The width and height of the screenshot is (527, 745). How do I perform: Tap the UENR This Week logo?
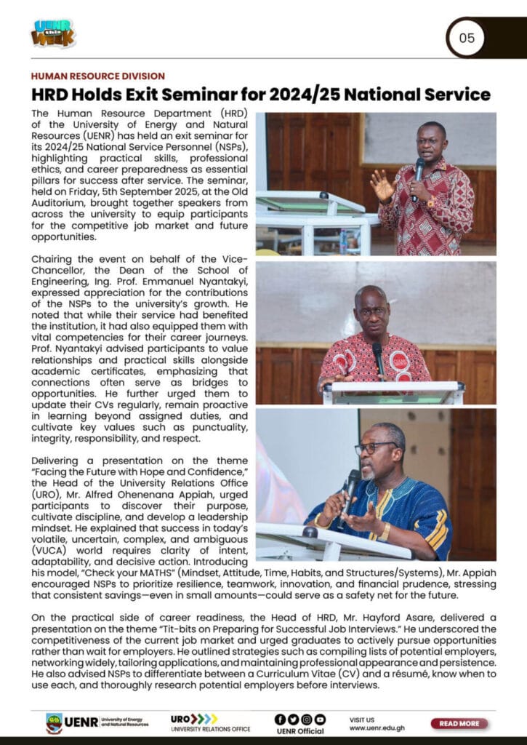52,33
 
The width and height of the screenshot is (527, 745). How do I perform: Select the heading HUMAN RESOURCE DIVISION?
97,76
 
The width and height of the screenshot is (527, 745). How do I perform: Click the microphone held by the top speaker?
419,171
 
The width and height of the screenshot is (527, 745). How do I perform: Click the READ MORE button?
459,723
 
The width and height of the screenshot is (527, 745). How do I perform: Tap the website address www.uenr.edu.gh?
377,728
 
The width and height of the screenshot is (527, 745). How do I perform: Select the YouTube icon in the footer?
320,719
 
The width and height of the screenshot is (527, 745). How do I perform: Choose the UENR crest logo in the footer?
54,722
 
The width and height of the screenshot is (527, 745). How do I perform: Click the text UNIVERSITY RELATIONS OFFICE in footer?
210,729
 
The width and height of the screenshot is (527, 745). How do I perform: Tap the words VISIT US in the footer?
362,718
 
